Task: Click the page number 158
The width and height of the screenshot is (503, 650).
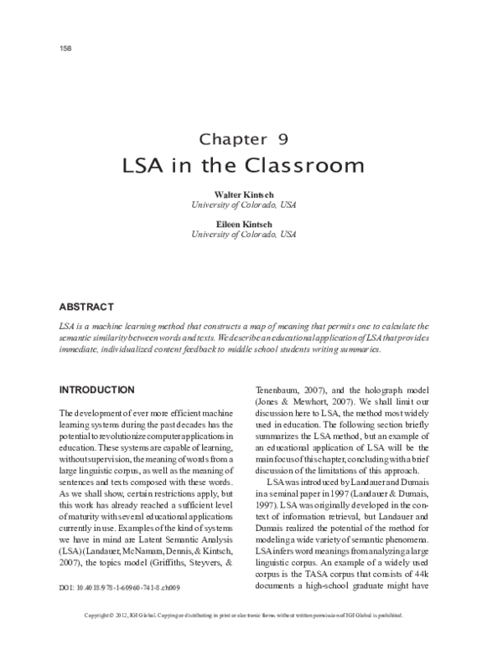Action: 66,48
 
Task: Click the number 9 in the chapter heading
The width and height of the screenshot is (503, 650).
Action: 283,139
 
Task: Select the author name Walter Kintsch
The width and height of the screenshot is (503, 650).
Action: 251,195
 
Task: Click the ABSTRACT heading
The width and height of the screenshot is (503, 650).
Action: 86,307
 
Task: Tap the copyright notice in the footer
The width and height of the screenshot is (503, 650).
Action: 251,641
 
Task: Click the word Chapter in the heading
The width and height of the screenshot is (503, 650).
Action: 232,139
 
